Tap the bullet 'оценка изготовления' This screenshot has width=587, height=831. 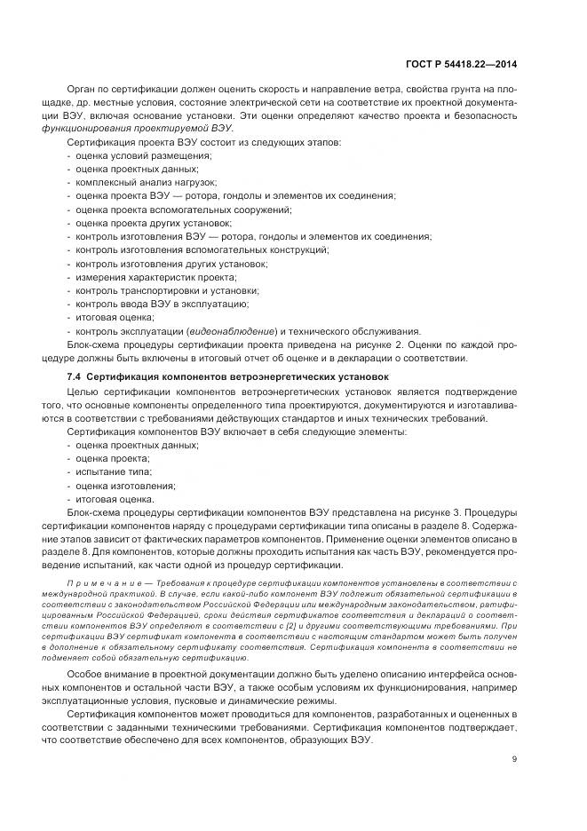(125, 486)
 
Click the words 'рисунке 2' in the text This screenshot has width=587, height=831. (419, 344)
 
